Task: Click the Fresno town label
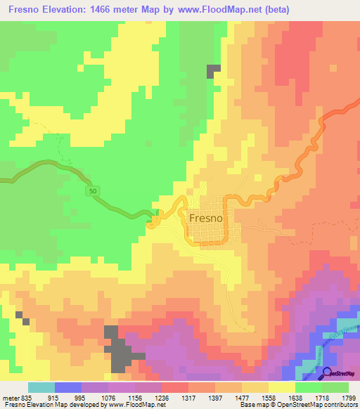coord(206,219)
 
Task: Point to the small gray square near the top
coord(214,70)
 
